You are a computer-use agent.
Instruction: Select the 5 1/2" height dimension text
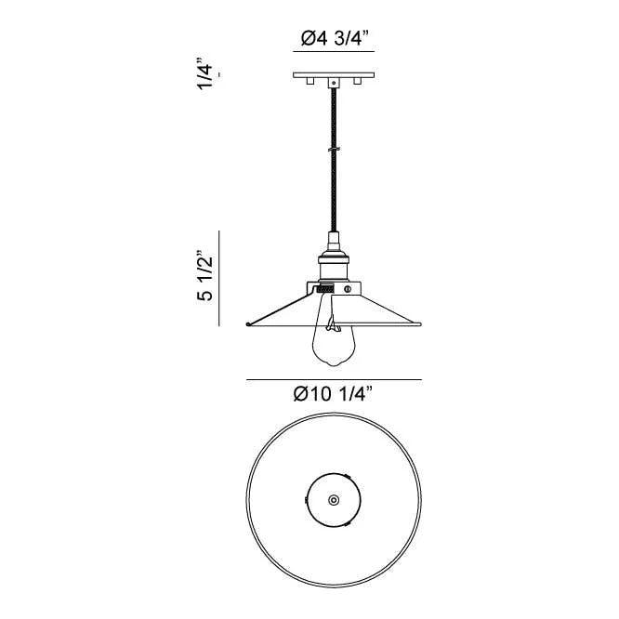pos(206,277)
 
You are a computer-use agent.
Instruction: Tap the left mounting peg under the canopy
pos(309,85)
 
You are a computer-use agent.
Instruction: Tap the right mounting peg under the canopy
pos(356,85)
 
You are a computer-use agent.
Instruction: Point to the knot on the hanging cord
pos(333,149)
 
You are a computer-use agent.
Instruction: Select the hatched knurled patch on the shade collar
pos(325,290)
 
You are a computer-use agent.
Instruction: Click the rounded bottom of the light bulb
pos(333,362)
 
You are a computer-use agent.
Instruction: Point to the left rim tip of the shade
pos(248,324)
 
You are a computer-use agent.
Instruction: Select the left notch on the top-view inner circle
pos(309,500)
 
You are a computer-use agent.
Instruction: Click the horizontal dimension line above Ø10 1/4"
pos(334,379)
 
